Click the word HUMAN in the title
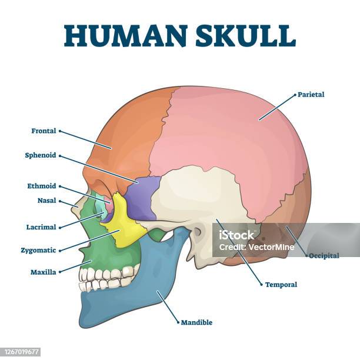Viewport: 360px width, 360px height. click(125, 36)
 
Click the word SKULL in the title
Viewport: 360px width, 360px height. click(245, 36)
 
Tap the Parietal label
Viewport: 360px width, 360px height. click(311, 95)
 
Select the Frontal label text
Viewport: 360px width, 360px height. click(44, 131)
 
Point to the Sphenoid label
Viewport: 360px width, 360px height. click(41, 155)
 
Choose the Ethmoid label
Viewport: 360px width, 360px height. click(42, 186)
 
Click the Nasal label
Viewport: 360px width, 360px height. click(47, 201)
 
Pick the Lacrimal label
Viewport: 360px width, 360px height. click(41, 227)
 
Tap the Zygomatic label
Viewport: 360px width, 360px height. click(38, 250)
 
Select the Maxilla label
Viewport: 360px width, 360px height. click(43, 272)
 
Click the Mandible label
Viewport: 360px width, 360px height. click(196, 322)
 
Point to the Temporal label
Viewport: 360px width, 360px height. click(281, 285)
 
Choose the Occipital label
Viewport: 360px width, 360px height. click(324, 256)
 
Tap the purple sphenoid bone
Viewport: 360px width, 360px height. click(142, 198)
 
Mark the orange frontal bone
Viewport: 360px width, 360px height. click(124, 138)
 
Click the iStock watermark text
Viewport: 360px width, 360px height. click(236, 235)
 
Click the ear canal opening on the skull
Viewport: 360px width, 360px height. click(198, 232)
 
